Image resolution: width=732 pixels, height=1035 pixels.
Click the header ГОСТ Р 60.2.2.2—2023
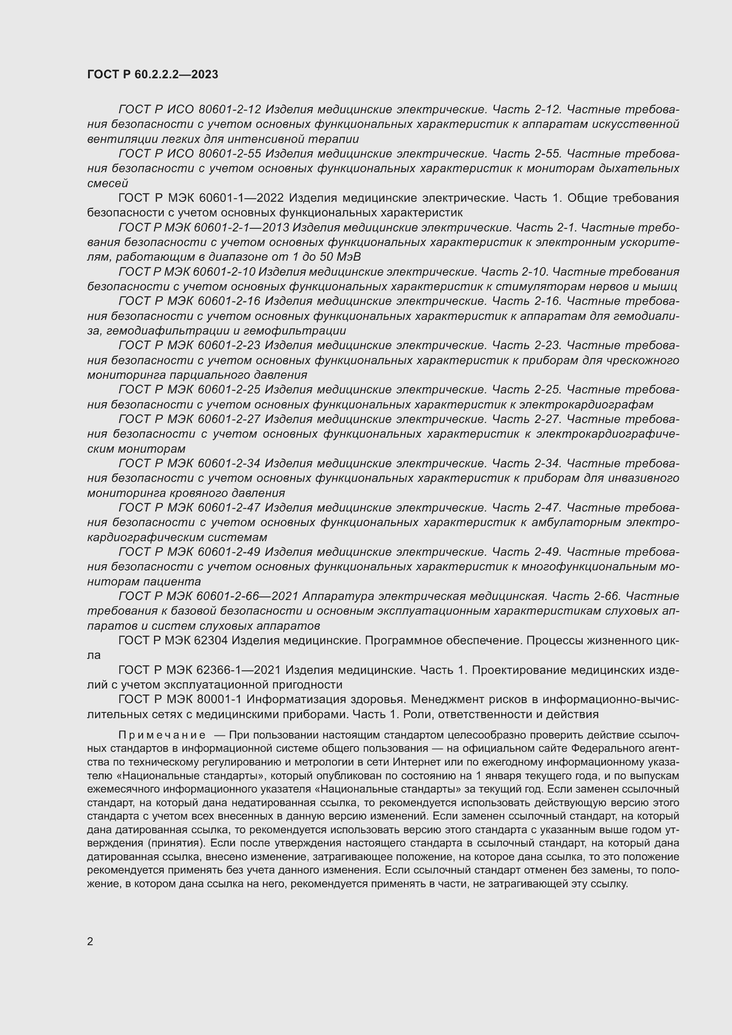(x=152, y=74)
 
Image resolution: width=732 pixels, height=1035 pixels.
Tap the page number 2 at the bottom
(x=90, y=941)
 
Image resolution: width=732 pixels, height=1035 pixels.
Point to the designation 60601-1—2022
(x=241, y=198)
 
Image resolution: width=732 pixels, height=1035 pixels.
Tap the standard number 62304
(x=213, y=641)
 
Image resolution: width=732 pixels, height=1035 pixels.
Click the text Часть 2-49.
(x=527, y=552)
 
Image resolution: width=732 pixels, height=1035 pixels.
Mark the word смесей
(x=108, y=184)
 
